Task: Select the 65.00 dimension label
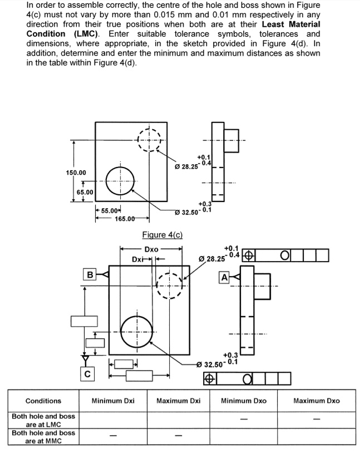pos(84,192)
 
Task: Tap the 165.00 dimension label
pos(126,219)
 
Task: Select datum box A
pos(225,277)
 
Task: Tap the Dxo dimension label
pos(151,249)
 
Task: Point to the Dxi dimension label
pos(139,259)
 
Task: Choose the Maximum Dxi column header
pos(178,401)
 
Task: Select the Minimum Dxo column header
pos(244,401)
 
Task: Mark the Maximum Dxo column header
pos(317,401)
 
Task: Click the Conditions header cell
pos(43,401)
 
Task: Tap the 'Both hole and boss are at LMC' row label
pos(43,420)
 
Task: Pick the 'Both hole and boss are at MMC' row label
pos(43,436)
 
